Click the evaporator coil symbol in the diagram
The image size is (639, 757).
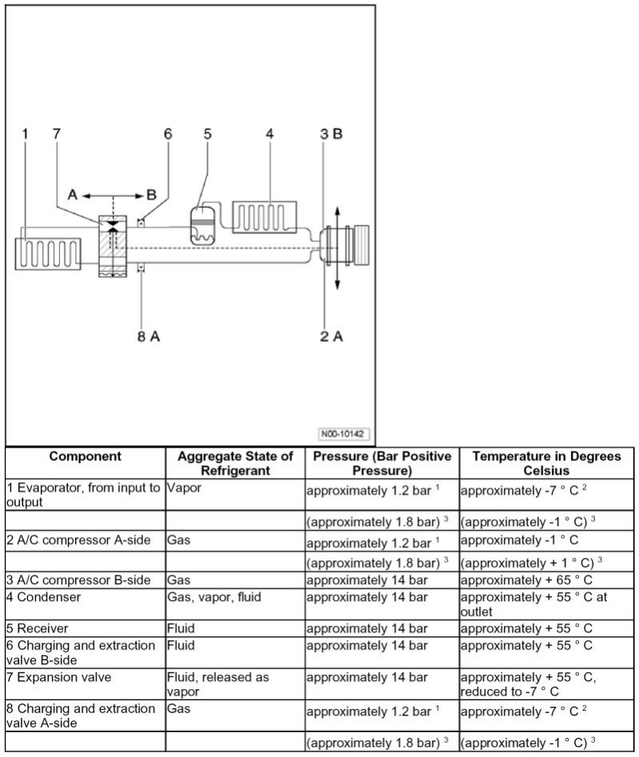[47, 255]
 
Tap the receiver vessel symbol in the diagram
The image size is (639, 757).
[202, 225]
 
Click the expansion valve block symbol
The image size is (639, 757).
[113, 246]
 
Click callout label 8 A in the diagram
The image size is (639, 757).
[147, 337]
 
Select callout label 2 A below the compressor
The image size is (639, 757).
[331, 337]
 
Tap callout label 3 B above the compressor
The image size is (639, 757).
[330, 133]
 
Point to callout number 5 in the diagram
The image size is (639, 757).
[207, 133]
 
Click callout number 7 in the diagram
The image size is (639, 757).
[56, 133]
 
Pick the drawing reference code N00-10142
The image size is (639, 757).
[342, 434]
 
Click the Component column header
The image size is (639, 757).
[86, 456]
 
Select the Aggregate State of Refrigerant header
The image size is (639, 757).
[235, 464]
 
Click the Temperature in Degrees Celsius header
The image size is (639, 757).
[546, 464]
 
